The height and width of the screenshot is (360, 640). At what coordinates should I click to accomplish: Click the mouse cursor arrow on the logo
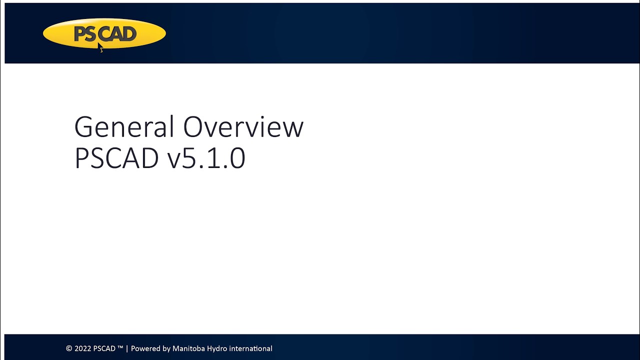[100, 47]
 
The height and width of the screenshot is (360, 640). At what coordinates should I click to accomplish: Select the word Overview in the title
[243, 127]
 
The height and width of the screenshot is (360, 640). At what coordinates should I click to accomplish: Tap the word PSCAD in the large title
[116, 158]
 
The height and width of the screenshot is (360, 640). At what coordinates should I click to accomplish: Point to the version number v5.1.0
[206, 158]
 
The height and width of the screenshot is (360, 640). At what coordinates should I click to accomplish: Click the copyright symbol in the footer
[69, 348]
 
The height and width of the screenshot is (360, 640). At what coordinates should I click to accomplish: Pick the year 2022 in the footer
[82, 348]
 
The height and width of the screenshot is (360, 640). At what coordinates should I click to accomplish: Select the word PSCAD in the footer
[104, 348]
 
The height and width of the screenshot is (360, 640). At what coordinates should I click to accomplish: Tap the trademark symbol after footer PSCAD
[120, 347]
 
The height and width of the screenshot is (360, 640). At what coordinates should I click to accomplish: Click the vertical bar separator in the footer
[127, 348]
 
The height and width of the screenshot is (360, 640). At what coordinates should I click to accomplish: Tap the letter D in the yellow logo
[129, 34]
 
